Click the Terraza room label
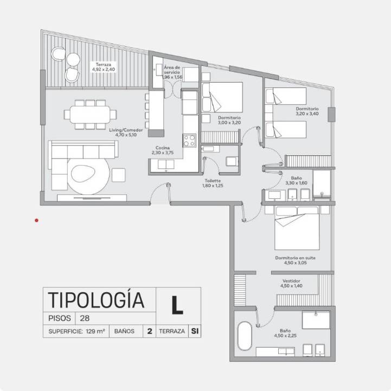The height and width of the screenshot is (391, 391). pos(104,67)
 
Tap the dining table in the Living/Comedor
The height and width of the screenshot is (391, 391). pos(90,115)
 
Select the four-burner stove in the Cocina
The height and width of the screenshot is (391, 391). pos(189,141)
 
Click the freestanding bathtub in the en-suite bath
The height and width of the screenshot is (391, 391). pos(245,336)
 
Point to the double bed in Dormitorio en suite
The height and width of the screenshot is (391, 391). pos(297,228)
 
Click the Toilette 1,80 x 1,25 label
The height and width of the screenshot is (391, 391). pos(213,183)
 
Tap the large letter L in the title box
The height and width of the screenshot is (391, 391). pos(177,305)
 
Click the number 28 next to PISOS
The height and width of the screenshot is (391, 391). pos(85,318)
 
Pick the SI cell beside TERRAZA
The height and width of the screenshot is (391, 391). pos(195,331)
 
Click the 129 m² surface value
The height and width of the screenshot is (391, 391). pos(95,331)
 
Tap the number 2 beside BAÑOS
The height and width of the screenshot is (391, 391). pos(150,331)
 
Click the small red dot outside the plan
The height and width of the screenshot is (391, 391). pos(37,220)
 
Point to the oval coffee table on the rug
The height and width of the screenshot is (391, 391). pos(84,174)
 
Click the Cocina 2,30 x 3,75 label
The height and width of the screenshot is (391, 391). pos(163,150)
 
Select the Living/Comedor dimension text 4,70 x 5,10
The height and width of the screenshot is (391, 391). pos(126,135)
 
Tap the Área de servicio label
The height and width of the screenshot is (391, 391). pos(172,72)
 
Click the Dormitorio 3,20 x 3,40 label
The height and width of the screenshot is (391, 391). pos(307,111)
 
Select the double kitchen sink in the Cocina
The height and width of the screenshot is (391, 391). pos(166,165)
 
